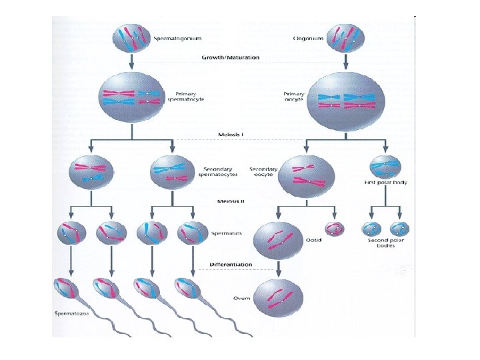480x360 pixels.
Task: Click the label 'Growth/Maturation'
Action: [x=231, y=58]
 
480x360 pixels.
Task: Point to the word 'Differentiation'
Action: [x=231, y=265]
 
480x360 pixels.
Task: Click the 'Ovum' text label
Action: [x=241, y=298]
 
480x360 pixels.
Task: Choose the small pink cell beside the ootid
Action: [x=333, y=229]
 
